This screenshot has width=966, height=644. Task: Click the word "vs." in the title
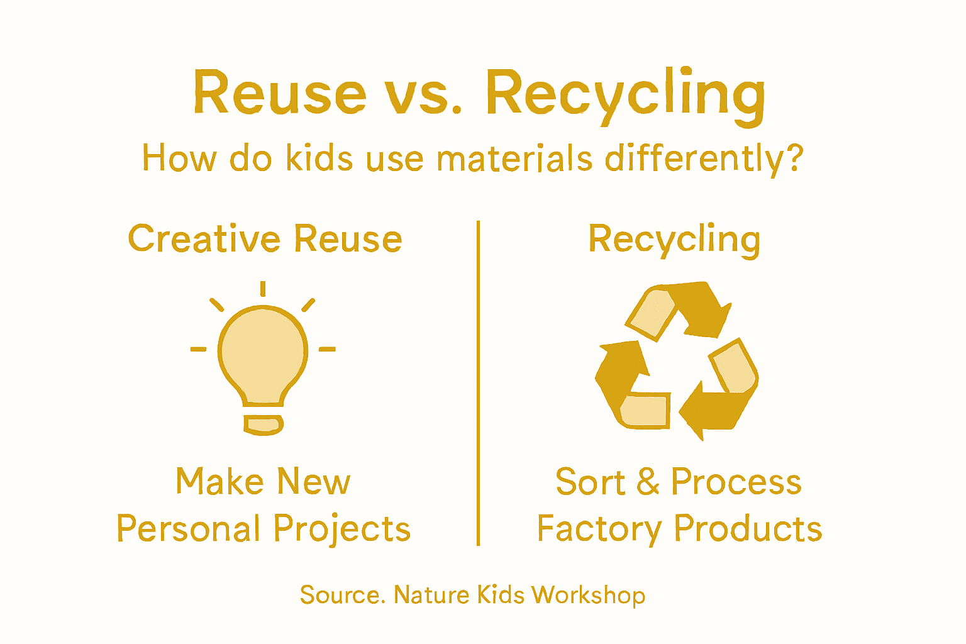click(423, 94)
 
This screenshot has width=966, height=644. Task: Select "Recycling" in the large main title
click(626, 94)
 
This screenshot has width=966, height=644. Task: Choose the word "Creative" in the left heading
click(204, 239)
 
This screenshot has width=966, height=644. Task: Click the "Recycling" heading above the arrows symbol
click(674, 240)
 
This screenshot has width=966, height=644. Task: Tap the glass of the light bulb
click(263, 352)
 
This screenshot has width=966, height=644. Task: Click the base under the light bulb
click(264, 425)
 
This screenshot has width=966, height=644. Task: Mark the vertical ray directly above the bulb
click(263, 289)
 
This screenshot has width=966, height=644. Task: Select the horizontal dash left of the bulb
click(198, 348)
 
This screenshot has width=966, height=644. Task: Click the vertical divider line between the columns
click(478, 384)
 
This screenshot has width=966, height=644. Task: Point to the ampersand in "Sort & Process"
click(648, 482)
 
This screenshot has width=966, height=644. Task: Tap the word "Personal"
click(189, 529)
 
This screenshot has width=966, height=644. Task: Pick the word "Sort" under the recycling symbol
click(591, 482)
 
